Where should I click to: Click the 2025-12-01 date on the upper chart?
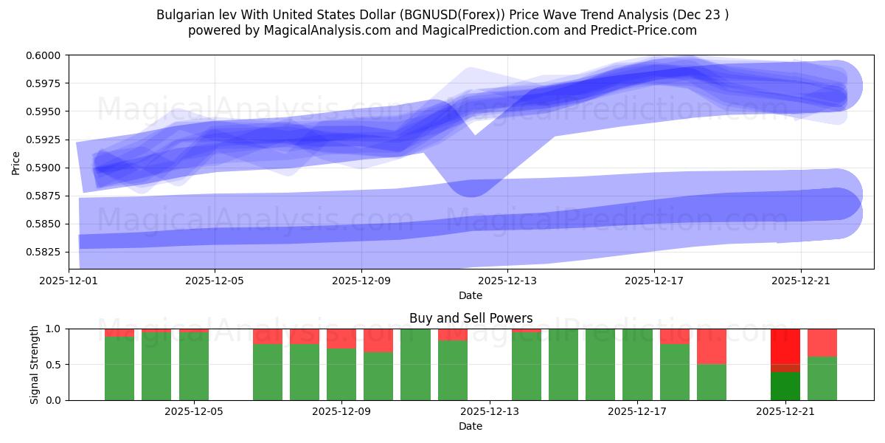pos(68,281)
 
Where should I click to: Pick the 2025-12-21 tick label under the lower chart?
pos(785,412)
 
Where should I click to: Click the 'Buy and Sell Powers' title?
pos(471,318)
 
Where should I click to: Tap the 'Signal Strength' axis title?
pos(34,364)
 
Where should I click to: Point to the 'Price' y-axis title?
pos(16,162)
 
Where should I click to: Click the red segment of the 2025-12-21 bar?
pos(785,346)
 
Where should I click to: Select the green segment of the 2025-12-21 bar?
pos(785,386)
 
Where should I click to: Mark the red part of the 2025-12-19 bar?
pos(711,346)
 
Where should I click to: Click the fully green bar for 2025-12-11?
pos(415,364)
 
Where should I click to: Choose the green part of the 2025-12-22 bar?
pos(822,378)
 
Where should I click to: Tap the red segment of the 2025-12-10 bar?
pos(378,340)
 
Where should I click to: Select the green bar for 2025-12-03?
pos(119,368)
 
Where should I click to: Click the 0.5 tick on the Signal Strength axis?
pos(56,364)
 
